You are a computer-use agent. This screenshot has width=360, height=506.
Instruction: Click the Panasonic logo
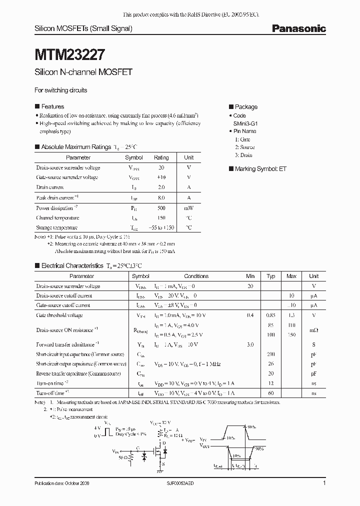298,28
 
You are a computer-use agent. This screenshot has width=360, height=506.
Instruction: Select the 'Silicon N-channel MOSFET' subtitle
83,72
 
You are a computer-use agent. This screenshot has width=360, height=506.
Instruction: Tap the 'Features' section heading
52,106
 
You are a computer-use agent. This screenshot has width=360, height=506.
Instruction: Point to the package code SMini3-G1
245,123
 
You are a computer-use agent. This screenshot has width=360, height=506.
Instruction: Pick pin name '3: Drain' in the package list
243,155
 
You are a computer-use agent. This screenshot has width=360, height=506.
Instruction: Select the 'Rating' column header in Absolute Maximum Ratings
161,157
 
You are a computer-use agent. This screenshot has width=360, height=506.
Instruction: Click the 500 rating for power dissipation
161,207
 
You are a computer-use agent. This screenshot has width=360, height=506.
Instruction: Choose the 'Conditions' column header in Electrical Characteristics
196,276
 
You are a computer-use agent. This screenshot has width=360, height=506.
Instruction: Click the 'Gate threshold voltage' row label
59,315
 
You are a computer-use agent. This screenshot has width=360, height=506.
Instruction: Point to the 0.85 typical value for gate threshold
271,315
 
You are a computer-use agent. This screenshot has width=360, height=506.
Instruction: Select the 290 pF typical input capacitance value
271,354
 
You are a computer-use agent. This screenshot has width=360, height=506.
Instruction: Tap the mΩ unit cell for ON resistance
313,330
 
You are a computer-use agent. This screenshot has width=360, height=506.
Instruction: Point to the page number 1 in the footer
324,483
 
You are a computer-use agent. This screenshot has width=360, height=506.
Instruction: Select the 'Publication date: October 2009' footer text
62,484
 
